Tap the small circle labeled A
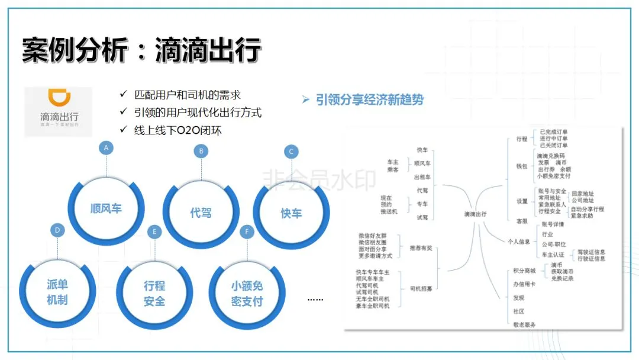click(x=106, y=148)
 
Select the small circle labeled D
click(x=57, y=230)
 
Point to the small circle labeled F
click(x=247, y=232)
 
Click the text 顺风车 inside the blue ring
click(x=106, y=208)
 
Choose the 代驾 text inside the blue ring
click(x=201, y=213)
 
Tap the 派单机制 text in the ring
click(x=57, y=292)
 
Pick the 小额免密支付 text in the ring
click(x=247, y=294)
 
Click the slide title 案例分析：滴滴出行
click(x=142, y=51)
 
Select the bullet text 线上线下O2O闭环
click(x=178, y=130)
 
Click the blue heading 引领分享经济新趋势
click(x=370, y=100)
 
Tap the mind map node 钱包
click(x=521, y=166)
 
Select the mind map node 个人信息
click(x=519, y=242)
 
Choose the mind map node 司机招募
click(x=421, y=288)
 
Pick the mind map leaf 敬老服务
click(x=525, y=324)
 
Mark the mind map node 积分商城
click(x=525, y=271)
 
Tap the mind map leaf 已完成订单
click(x=554, y=131)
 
